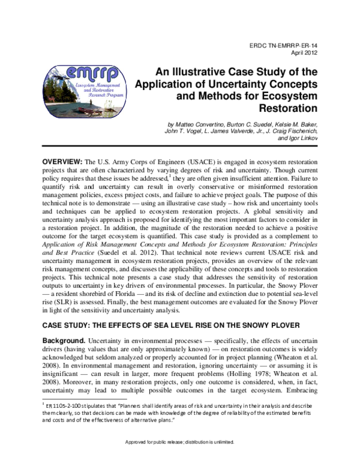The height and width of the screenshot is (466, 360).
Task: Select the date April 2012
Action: click(x=302, y=52)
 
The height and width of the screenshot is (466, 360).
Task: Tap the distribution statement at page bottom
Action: click(x=179, y=459)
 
